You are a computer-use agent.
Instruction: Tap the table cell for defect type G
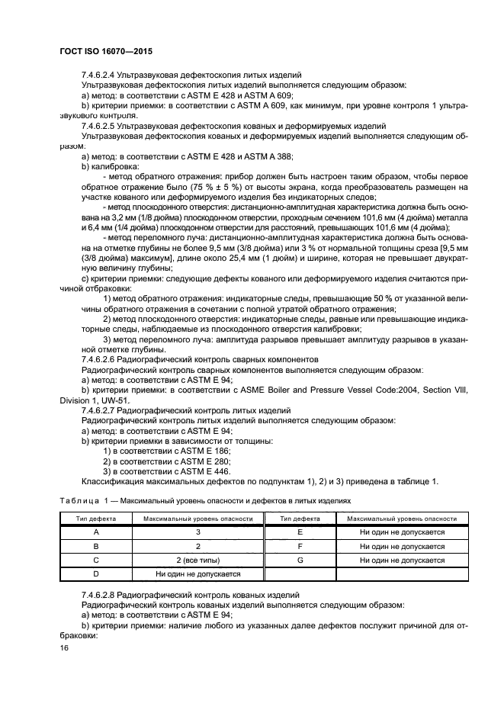[x=300, y=560]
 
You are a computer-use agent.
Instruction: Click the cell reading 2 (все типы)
[x=197, y=560]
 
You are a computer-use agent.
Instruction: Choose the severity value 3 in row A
[x=197, y=532]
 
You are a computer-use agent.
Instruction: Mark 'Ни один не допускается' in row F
[x=402, y=546]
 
